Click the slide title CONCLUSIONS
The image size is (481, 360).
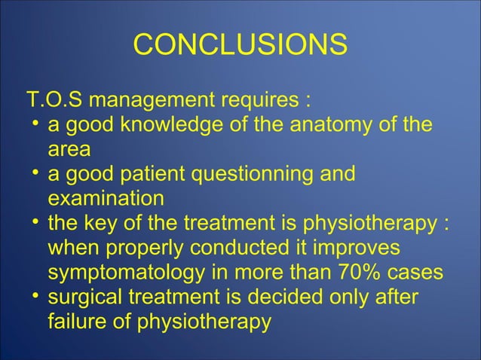pos(240,45)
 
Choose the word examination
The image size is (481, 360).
pos(105,199)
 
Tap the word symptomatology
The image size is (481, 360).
pos(129,273)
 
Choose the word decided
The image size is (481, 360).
pos(326,298)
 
